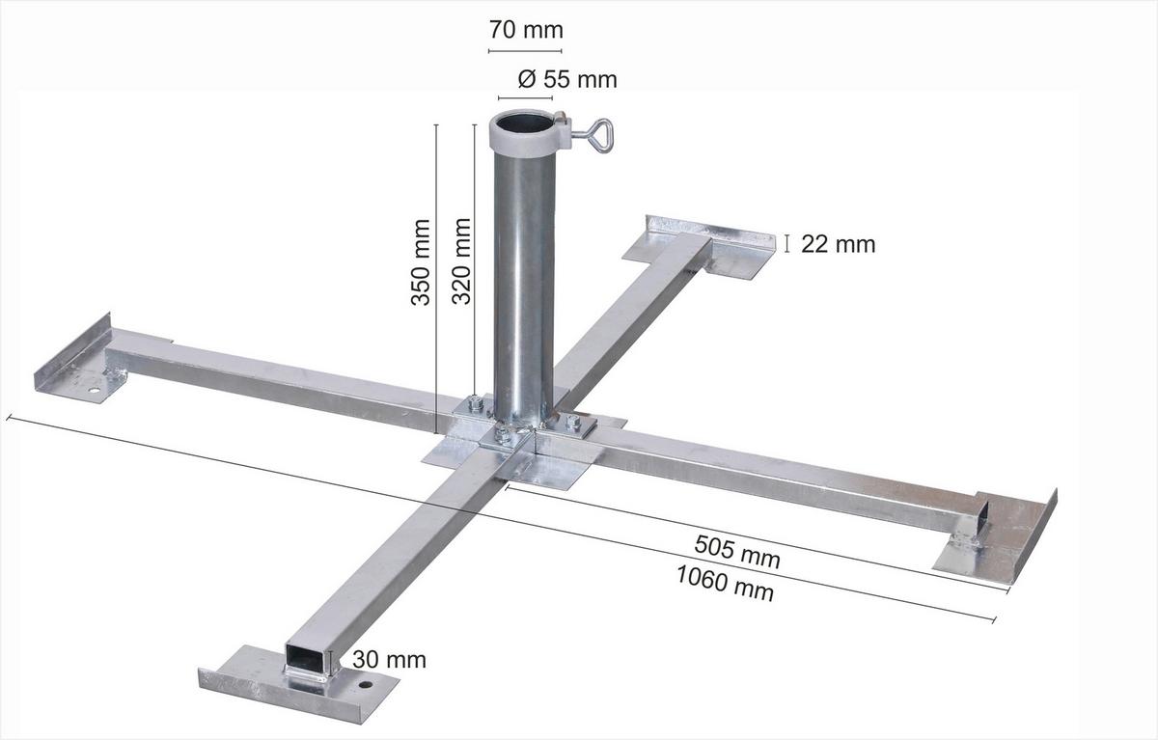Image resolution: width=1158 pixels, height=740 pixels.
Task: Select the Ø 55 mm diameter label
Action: [566, 79]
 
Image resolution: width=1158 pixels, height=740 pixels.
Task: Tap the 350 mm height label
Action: [421, 262]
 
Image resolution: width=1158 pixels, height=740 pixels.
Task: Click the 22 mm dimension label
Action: [838, 244]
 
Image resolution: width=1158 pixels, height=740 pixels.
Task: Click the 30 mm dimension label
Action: [388, 660]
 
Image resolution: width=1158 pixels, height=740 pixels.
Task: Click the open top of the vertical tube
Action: [523, 124]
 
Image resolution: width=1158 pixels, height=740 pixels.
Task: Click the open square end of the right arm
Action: [982, 511]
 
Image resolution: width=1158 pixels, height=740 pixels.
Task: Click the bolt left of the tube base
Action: [475, 403]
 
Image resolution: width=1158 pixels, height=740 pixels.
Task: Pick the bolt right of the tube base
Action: [573, 422]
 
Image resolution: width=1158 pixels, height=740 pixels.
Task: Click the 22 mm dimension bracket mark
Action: [787, 243]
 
